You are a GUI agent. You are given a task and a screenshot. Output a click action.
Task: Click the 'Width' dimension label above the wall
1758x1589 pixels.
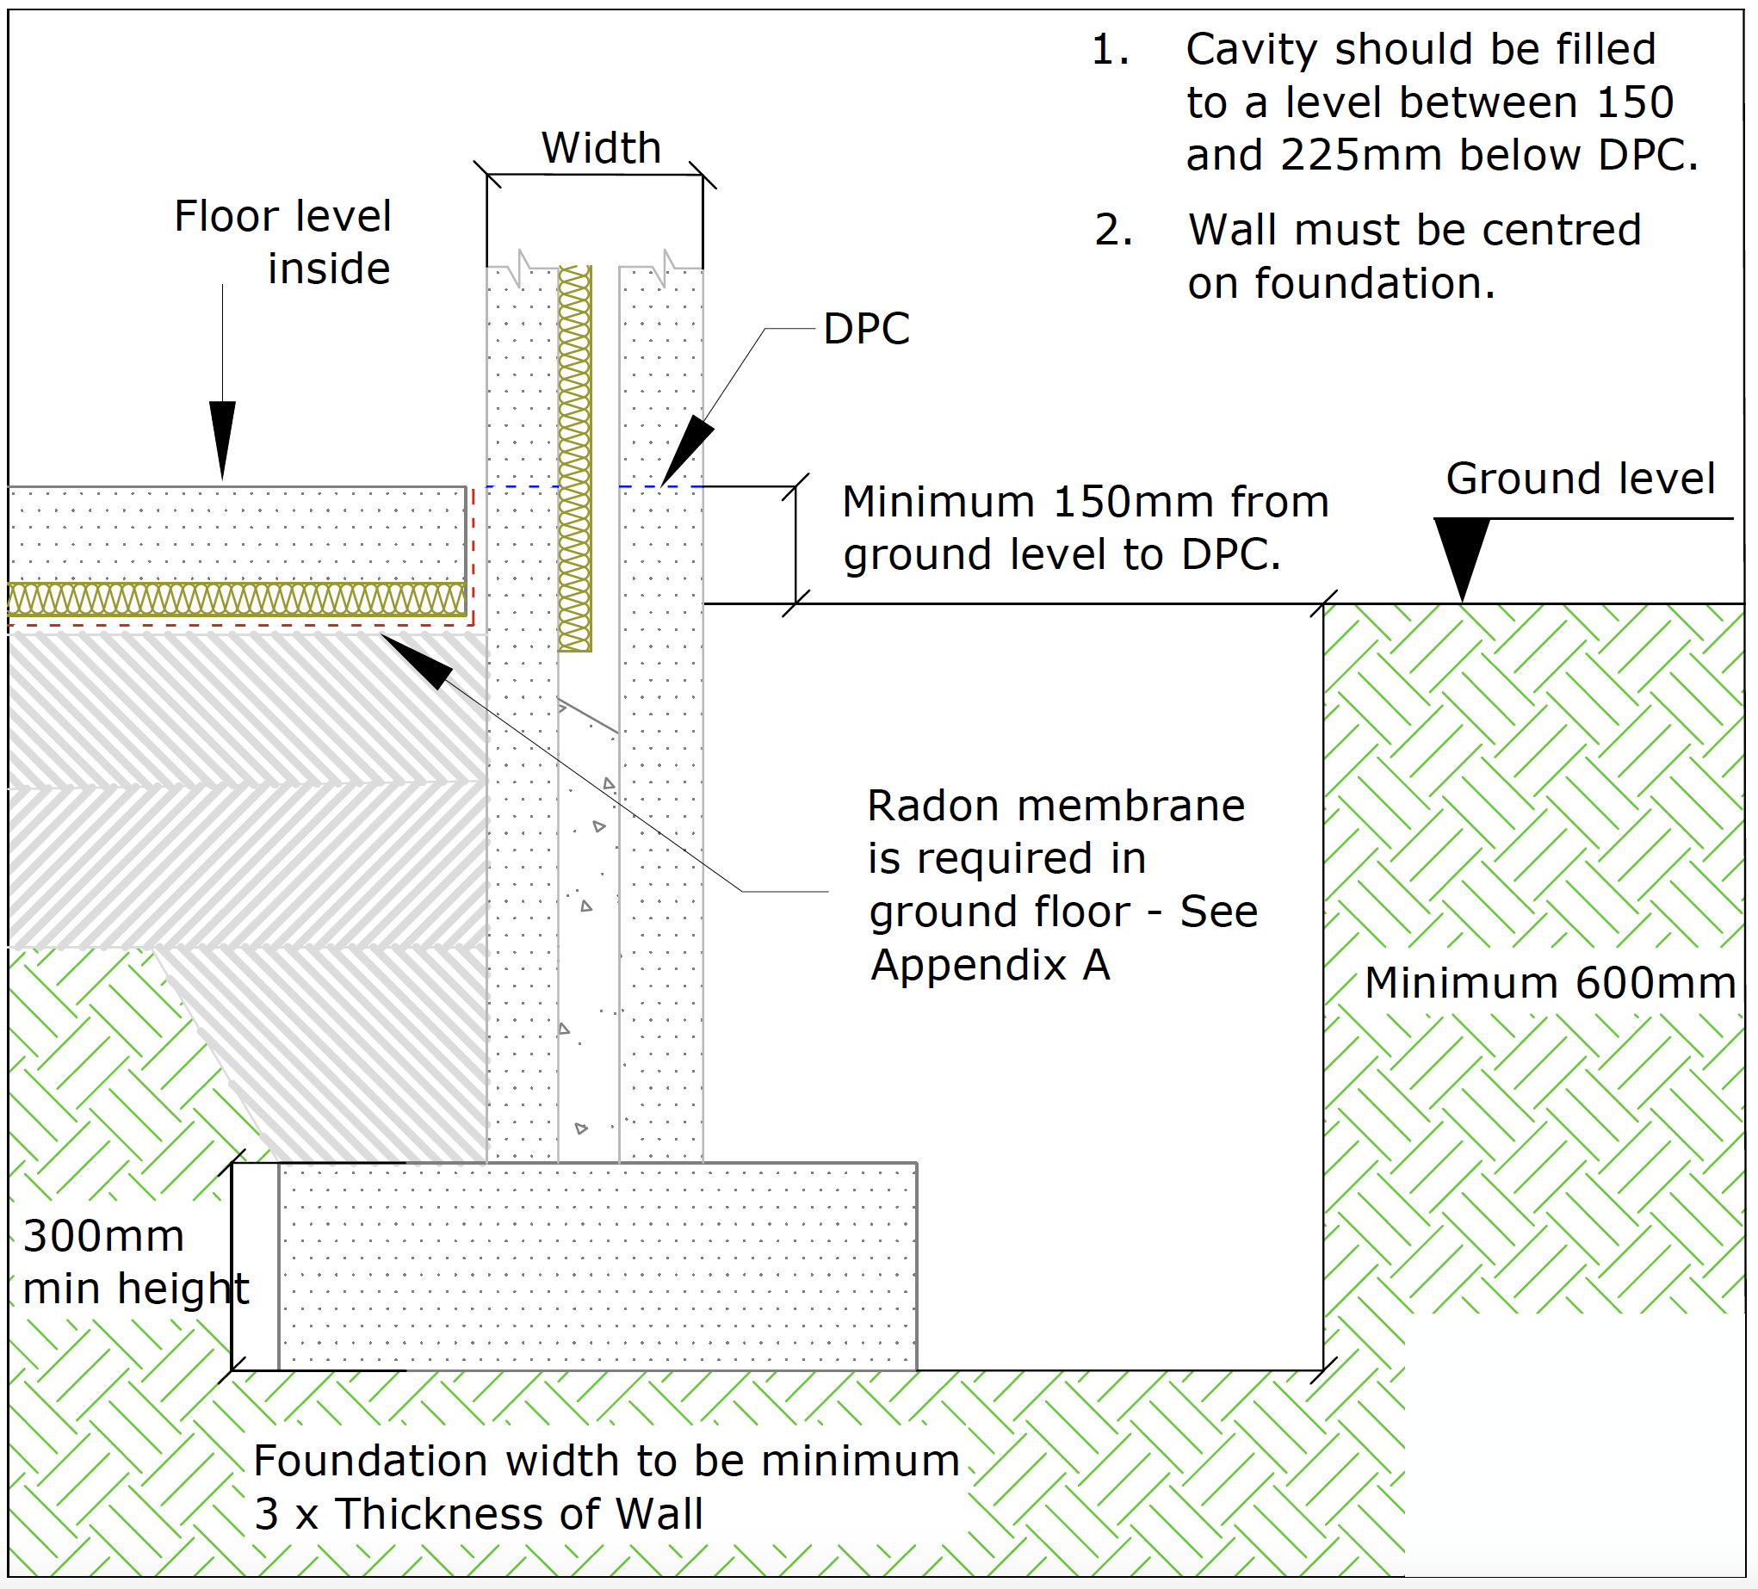(601, 147)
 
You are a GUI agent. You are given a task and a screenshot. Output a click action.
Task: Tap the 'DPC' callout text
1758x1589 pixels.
(866, 330)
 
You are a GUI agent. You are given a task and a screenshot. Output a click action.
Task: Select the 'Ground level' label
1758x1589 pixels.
(1580, 479)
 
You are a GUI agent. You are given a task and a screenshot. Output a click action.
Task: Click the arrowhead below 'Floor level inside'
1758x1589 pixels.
(222, 436)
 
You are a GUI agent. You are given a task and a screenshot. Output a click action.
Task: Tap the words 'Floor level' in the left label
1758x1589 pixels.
(282, 216)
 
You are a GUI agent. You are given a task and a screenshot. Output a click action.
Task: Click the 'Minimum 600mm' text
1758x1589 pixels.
(1550, 983)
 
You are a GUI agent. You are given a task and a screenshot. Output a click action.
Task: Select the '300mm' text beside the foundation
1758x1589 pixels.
(104, 1236)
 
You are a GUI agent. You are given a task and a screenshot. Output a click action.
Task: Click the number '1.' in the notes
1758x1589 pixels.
(1110, 50)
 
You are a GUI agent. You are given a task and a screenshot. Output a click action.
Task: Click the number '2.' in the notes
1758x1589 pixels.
(1113, 231)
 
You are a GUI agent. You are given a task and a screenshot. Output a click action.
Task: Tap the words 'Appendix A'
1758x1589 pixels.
(990, 966)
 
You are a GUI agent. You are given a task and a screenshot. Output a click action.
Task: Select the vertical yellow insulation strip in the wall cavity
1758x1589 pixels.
(574, 458)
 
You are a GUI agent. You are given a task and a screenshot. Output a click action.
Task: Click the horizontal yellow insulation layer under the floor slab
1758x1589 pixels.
(235, 599)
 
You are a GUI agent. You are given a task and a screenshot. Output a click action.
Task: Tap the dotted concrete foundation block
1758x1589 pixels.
(597, 1265)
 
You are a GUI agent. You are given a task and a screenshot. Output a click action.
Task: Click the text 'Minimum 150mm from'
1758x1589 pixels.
(1085, 503)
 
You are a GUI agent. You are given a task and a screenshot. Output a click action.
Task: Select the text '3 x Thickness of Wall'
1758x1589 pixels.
(478, 1513)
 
